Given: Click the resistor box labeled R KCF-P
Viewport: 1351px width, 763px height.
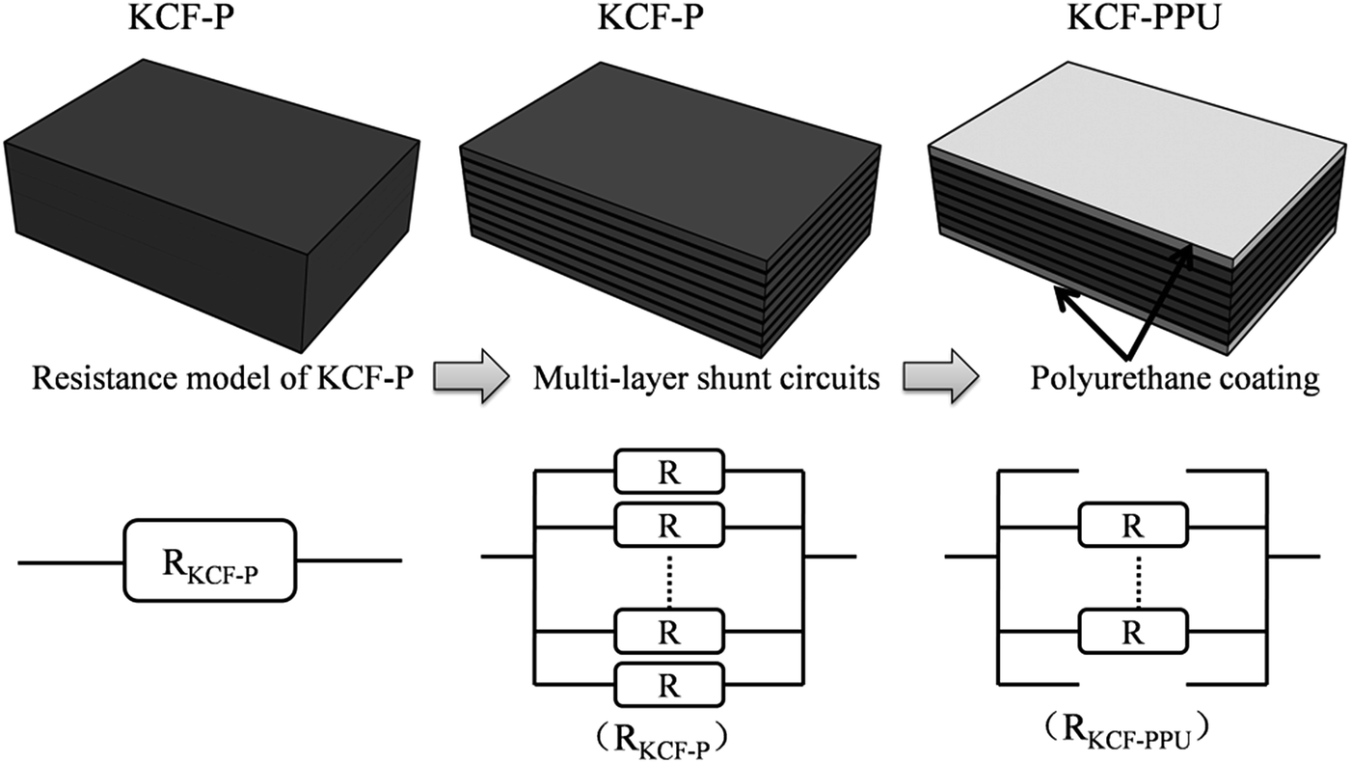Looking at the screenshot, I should [209, 560].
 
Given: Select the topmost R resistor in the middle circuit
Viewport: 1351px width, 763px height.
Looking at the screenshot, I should [667, 473].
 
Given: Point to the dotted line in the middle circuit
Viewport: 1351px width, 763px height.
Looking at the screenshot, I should [667, 580].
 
